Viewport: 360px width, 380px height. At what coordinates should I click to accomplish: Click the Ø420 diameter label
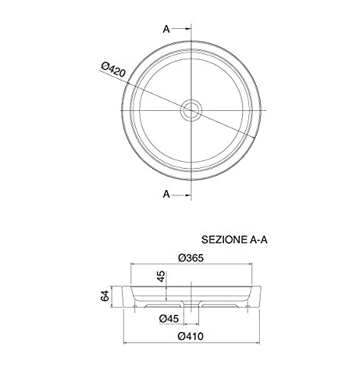[113, 69]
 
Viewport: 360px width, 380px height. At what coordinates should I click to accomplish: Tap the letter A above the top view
[166, 29]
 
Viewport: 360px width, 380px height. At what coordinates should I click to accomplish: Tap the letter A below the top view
[166, 194]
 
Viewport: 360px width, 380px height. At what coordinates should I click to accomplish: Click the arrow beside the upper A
[182, 29]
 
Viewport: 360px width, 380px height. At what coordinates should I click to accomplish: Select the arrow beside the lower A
[182, 195]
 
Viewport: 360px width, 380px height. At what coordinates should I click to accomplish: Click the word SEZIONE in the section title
[223, 239]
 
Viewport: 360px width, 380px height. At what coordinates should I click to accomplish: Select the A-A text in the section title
[258, 239]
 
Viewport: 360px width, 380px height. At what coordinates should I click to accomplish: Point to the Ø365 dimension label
[191, 258]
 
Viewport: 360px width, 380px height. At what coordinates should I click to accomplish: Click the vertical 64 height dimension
[105, 296]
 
